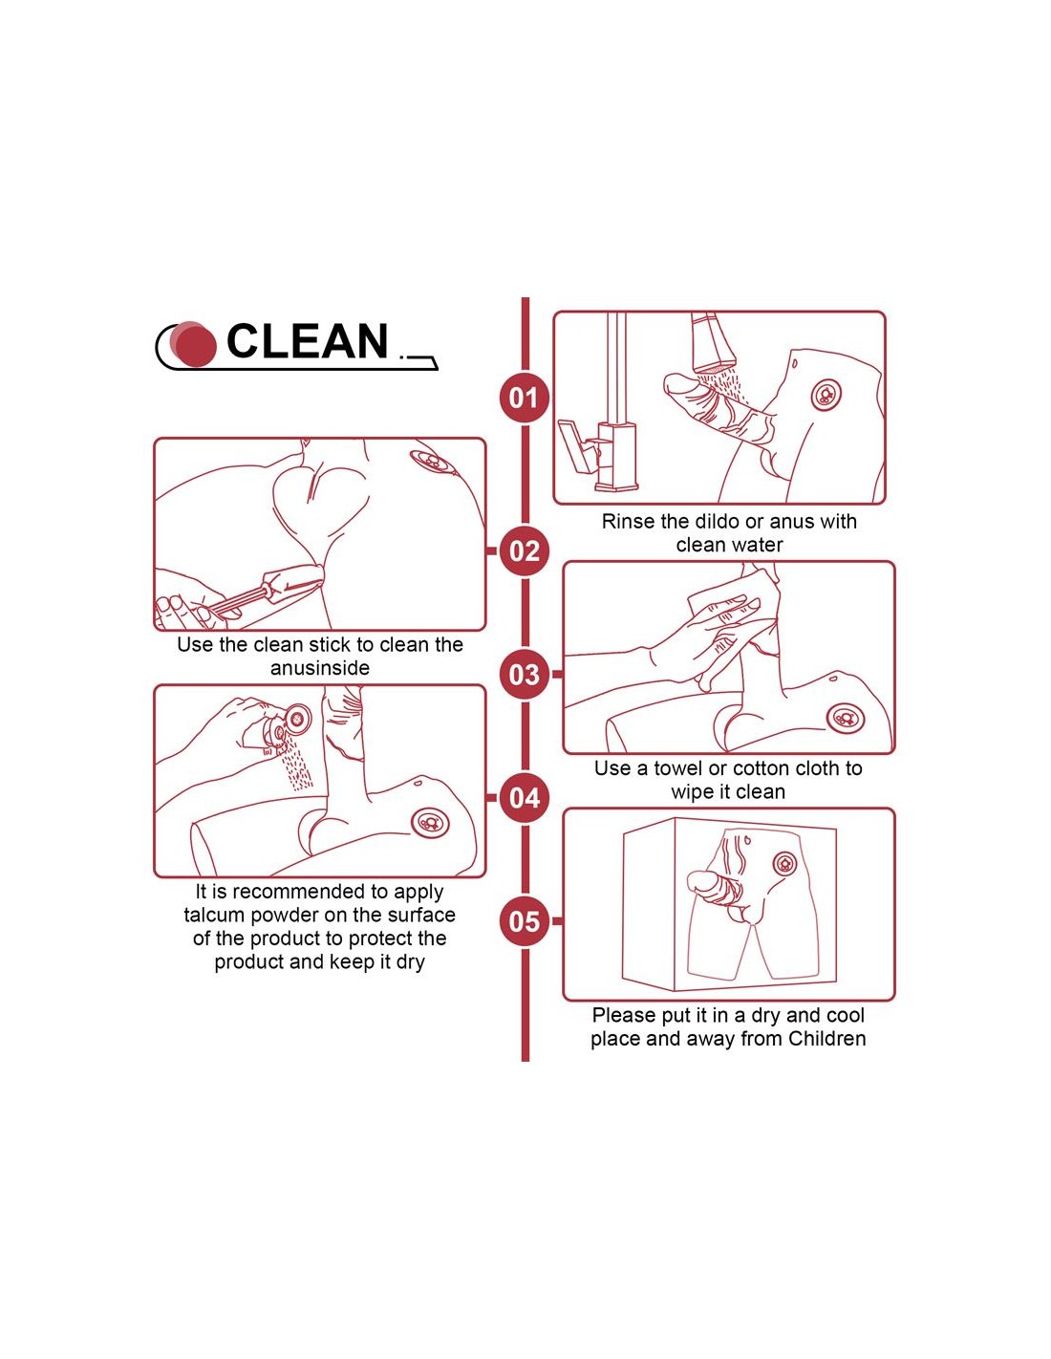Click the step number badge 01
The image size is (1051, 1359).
coord(524,398)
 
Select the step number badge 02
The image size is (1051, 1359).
coord(524,551)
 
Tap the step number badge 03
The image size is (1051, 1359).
coord(524,674)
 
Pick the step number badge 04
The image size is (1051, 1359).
coord(524,798)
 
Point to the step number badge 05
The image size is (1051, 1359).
coord(524,921)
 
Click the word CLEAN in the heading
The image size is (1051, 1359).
coord(307,341)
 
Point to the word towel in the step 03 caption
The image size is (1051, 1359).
coord(678,768)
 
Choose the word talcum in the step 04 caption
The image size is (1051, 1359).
coord(214,915)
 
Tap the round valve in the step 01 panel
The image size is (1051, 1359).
coord(826,396)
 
